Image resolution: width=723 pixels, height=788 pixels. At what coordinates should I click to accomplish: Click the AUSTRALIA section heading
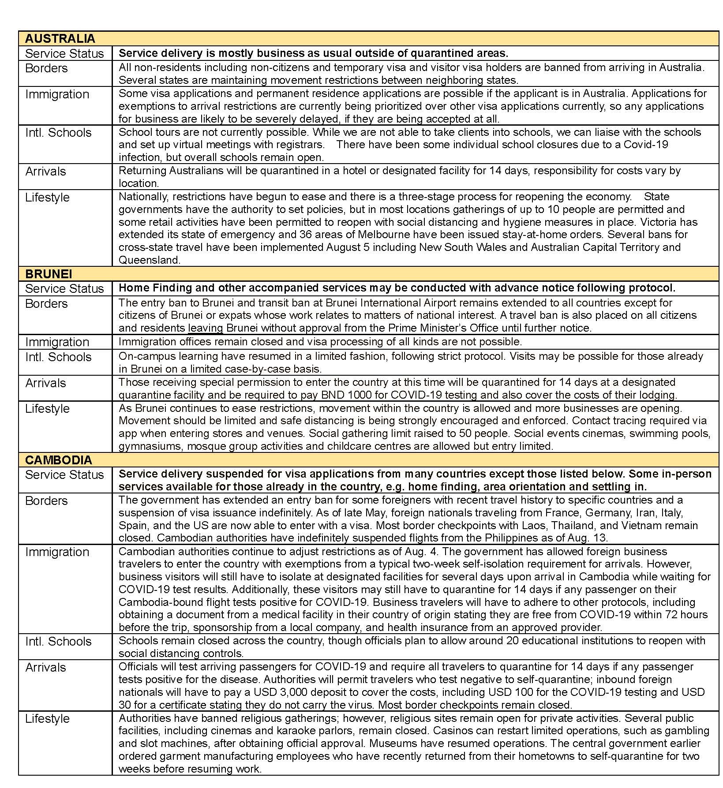coord(60,38)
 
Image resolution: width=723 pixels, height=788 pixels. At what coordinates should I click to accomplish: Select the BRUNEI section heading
coord(49,274)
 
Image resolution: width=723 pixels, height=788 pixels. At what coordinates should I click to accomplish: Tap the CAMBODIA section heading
coord(59,460)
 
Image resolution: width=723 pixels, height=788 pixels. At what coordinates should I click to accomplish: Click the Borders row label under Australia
coord(46,68)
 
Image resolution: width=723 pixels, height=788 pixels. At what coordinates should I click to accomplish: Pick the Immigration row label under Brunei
coord(57,342)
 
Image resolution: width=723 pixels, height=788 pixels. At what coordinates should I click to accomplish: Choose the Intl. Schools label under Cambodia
coord(58,642)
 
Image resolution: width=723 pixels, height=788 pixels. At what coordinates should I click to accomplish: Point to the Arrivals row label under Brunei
coord(45,383)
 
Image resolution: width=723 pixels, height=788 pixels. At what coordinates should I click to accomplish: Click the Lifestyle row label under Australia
coord(47,198)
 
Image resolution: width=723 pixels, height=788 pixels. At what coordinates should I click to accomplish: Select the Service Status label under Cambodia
coord(64,475)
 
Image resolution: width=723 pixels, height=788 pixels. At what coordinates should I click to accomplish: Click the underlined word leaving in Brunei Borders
coord(206,328)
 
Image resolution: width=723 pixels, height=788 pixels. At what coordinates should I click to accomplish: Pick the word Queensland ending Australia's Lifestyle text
coord(149,260)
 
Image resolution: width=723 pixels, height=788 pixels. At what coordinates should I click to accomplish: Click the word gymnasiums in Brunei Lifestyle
coord(150,446)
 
